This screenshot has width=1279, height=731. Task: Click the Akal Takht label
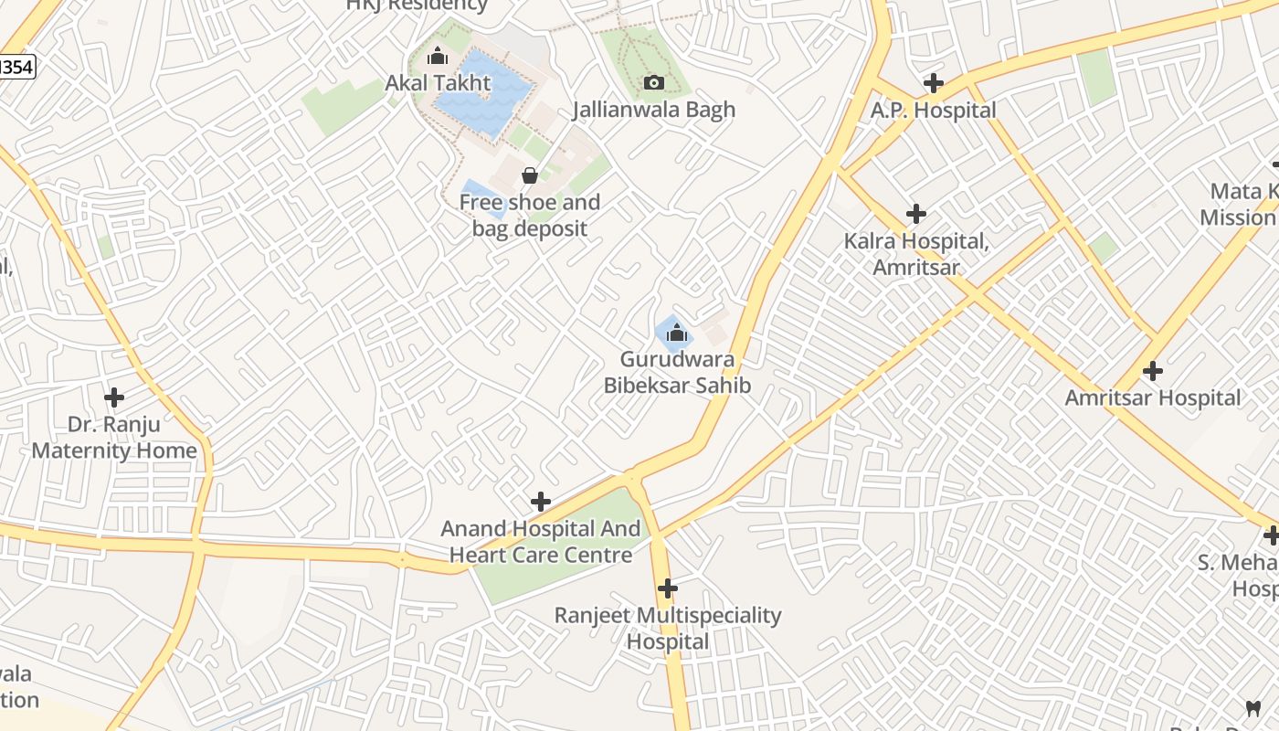pos(438,83)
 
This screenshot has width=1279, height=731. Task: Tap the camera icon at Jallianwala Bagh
pos(653,83)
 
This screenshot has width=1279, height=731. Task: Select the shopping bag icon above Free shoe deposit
pos(529,175)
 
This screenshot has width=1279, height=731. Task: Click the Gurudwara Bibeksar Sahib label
pos(677,373)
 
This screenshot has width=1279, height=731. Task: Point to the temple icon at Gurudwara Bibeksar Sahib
pos(677,334)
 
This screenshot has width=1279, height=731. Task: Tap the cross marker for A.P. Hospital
pos(933,83)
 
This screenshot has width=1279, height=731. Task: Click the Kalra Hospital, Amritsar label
pos(916,255)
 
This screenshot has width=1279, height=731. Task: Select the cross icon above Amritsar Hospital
pos(1153,371)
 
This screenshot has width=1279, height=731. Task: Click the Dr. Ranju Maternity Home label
pos(114,438)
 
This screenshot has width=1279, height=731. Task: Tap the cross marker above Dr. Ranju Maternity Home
pos(114,397)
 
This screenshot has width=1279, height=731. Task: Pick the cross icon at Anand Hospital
pos(541,502)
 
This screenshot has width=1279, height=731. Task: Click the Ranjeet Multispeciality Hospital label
pos(668,629)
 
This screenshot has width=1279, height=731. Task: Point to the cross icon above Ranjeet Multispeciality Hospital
pos(668,588)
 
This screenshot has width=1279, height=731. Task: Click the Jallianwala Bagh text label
pos(653,110)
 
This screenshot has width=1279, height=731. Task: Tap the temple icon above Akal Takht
pos(438,57)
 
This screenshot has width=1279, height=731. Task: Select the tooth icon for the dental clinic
pos(1253,708)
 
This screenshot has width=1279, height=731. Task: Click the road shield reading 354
pos(16,67)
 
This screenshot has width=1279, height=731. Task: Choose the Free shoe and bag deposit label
pos(530,216)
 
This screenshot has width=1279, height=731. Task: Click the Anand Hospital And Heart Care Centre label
pos(541,542)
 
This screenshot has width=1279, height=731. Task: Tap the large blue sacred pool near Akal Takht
pos(484,91)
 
